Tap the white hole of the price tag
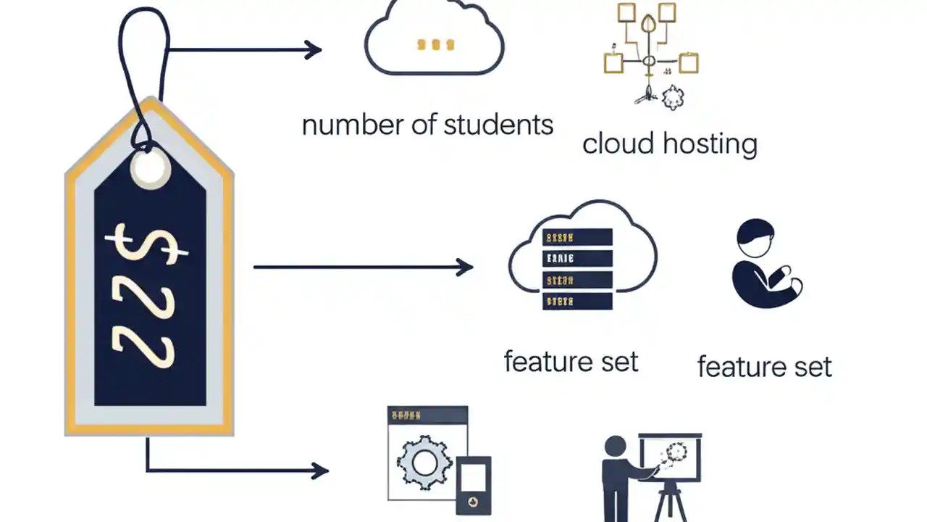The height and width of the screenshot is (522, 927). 151,168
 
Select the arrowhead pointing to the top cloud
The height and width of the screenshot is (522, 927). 313,50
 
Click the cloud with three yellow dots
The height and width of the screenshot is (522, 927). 434,40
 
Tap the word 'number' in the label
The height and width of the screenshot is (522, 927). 343,125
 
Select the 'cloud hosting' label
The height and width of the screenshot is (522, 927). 669,144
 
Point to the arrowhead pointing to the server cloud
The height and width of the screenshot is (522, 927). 464,267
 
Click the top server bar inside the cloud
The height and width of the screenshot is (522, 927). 577,237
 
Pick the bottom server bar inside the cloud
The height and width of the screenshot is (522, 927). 577,301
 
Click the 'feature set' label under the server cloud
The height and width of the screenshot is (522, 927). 571,361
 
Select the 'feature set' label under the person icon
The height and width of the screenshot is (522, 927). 764,366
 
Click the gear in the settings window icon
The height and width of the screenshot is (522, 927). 424,460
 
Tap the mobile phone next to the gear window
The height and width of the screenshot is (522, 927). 474,484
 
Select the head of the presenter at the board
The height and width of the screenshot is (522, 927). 615,447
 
